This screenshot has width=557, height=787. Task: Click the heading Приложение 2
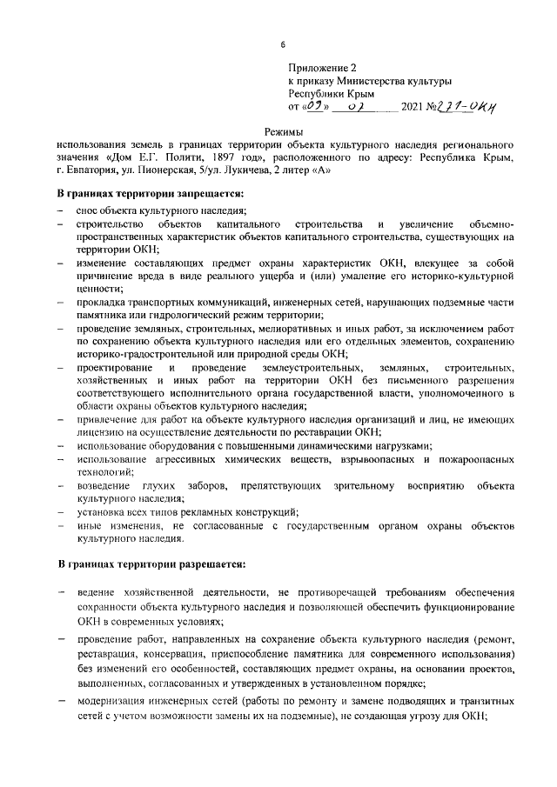coord(323,66)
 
